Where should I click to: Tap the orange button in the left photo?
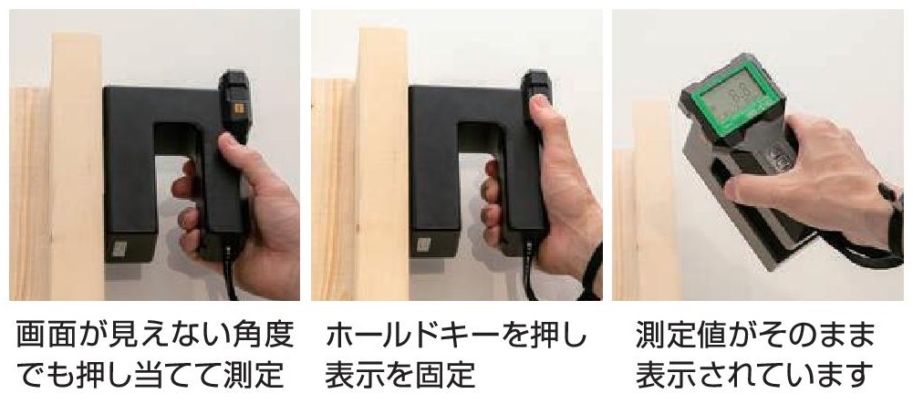click(239, 109)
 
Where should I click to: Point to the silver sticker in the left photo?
click(119, 249)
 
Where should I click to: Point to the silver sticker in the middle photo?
click(423, 245)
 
